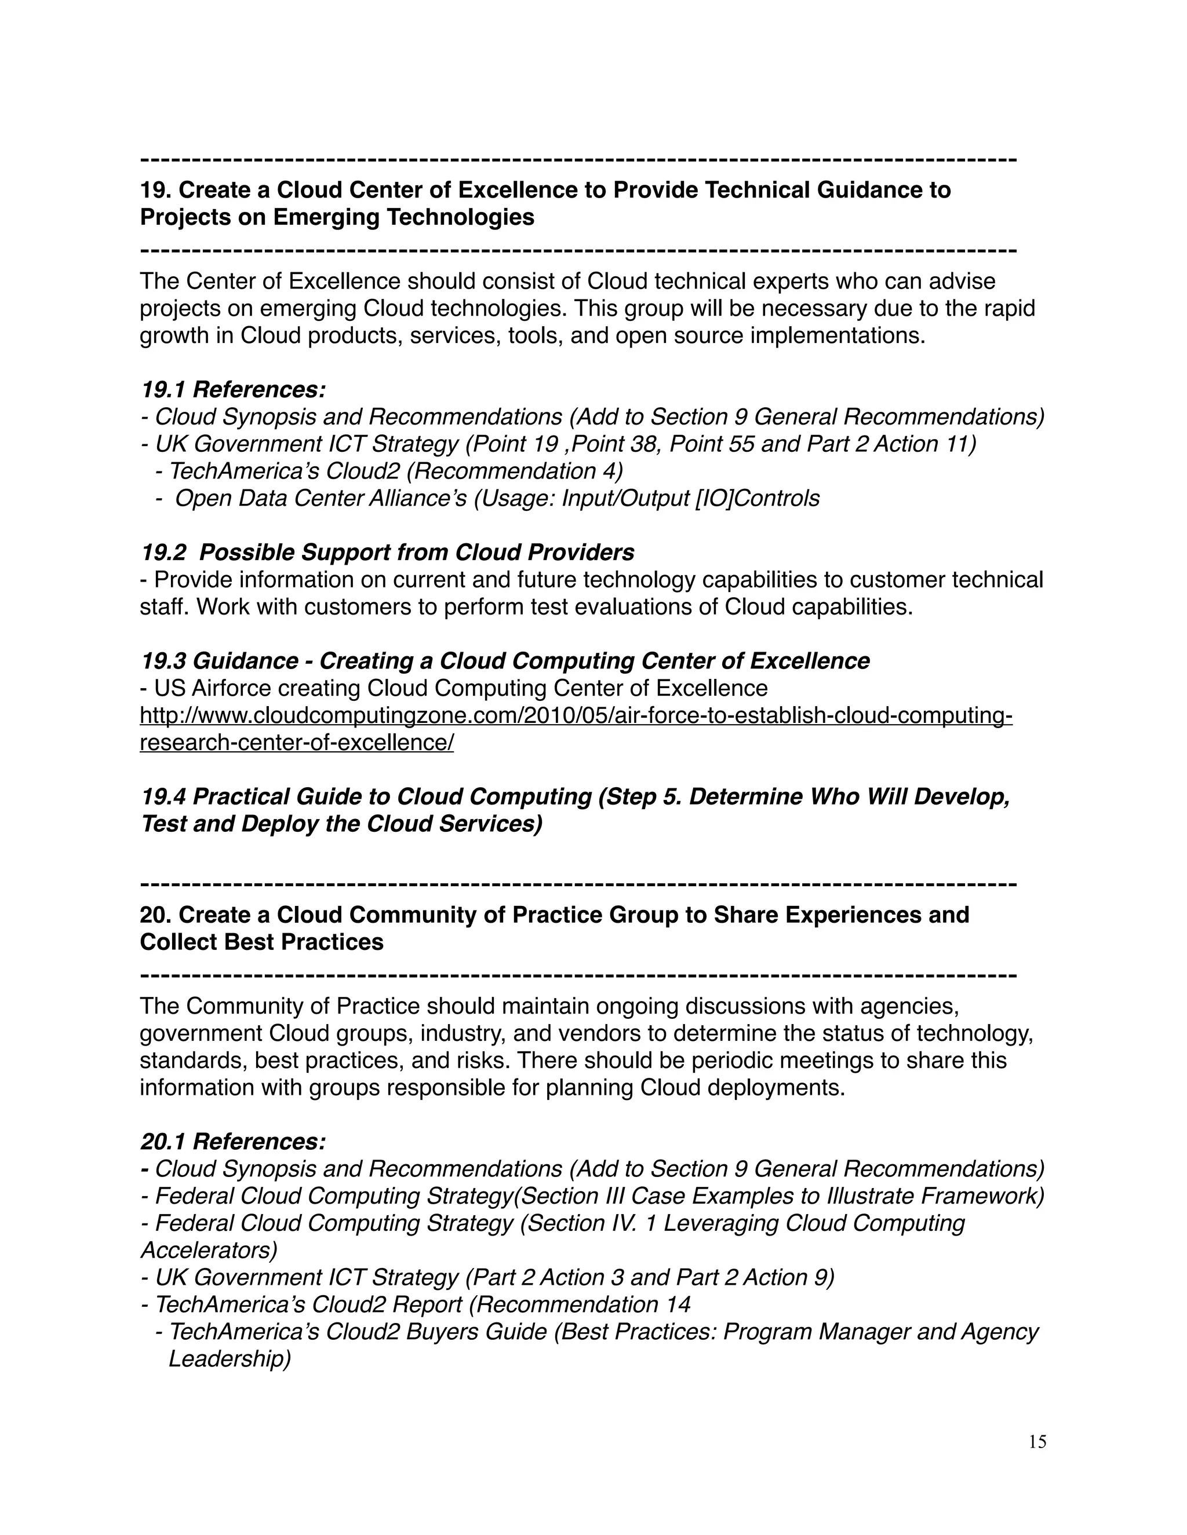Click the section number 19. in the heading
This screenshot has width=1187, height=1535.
(156, 190)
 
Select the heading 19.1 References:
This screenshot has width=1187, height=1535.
(233, 389)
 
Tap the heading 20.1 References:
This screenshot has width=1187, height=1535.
(233, 1142)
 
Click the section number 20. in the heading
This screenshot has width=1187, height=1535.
(156, 915)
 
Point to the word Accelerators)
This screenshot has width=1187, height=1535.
(209, 1251)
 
